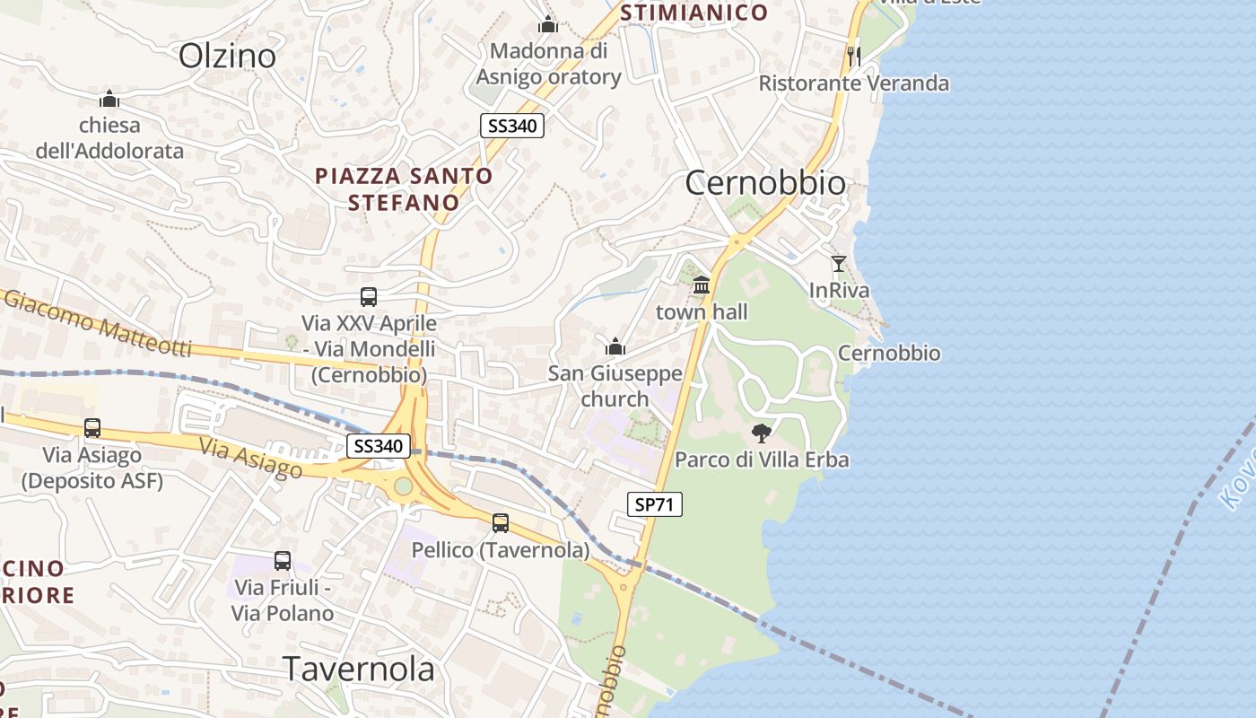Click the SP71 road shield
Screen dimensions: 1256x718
pos(654,505)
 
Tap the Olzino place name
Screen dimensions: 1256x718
pos(227,56)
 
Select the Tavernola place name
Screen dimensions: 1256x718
pos(359,669)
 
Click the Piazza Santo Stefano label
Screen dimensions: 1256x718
pos(404,188)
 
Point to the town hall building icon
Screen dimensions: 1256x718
pos(702,285)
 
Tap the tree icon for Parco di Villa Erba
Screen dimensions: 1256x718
pos(762,433)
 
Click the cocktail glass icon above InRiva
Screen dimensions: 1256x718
pos(839,264)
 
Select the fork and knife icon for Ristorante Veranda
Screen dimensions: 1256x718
pos(854,56)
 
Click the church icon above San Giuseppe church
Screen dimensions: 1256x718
pos(615,346)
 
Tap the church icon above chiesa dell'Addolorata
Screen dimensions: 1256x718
pos(109,98)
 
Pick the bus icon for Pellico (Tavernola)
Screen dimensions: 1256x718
pos(501,522)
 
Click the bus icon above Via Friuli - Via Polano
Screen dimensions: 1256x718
pos(283,561)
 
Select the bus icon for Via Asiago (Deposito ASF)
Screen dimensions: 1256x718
pos(92,428)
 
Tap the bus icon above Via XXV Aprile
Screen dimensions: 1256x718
pos(369,296)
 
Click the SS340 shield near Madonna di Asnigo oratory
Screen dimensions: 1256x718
pos(512,126)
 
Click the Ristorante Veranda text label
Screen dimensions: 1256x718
pos(853,83)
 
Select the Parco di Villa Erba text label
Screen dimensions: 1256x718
pos(762,460)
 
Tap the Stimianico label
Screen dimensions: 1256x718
pos(693,13)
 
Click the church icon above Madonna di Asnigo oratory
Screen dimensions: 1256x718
pos(548,24)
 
